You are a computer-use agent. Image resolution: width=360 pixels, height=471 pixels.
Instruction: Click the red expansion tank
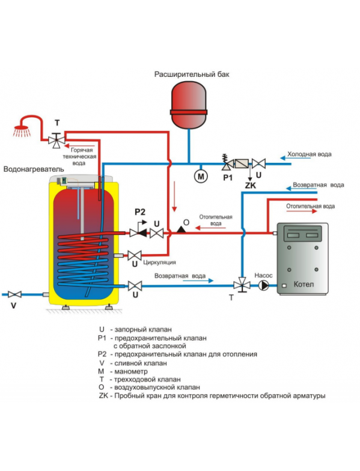click(x=189, y=105)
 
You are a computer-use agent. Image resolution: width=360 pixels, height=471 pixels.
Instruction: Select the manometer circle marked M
click(x=201, y=176)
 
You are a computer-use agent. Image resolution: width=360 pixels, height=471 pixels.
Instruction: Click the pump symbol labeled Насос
click(x=264, y=285)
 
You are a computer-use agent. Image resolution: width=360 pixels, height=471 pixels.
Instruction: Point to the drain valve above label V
click(x=14, y=294)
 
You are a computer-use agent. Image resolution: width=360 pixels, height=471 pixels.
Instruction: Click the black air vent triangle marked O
click(x=182, y=229)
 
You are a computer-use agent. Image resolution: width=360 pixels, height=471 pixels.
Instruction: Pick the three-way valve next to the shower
click(x=56, y=140)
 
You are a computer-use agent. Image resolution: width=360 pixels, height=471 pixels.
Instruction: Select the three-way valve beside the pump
click(x=242, y=285)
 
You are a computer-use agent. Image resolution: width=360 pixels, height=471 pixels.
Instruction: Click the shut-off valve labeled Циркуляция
click(x=135, y=256)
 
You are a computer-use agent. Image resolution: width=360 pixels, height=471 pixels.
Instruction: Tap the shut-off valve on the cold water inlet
click(x=258, y=163)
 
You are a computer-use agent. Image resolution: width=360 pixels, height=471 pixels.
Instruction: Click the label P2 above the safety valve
click(x=139, y=212)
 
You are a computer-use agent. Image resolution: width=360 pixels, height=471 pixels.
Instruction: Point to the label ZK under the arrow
click(x=250, y=186)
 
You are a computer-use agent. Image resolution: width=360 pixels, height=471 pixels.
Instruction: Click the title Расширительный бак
click(x=192, y=74)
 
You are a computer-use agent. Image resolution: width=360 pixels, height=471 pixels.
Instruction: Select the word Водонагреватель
click(x=34, y=169)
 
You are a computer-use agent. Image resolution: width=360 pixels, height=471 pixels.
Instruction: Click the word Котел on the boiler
click(x=304, y=284)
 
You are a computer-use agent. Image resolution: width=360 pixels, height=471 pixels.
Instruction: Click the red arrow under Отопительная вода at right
click(x=302, y=211)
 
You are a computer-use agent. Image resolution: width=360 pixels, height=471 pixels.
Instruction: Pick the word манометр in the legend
click(x=131, y=371)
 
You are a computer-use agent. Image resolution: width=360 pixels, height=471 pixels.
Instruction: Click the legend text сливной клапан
click(x=141, y=363)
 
